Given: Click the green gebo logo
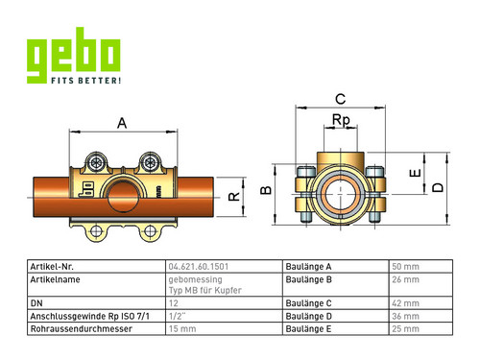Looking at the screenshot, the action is pyautogui.click(x=74, y=55).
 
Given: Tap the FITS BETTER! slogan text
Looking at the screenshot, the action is pyautogui.click(x=86, y=81).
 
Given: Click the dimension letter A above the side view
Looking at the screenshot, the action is pyautogui.click(x=122, y=123).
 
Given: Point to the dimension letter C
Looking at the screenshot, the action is pyautogui.click(x=341, y=99).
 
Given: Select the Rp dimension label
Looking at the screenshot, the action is pyautogui.click(x=341, y=120).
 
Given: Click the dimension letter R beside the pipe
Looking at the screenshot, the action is pyautogui.click(x=234, y=196).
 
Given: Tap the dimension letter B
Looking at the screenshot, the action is pyautogui.click(x=266, y=190).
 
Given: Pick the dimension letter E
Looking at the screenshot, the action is pyautogui.click(x=415, y=173).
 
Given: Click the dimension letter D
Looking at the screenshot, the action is pyautogui.click(x=438, y=187).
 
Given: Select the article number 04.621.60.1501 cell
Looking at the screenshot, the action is pyautogui.click(x=199, y=267).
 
